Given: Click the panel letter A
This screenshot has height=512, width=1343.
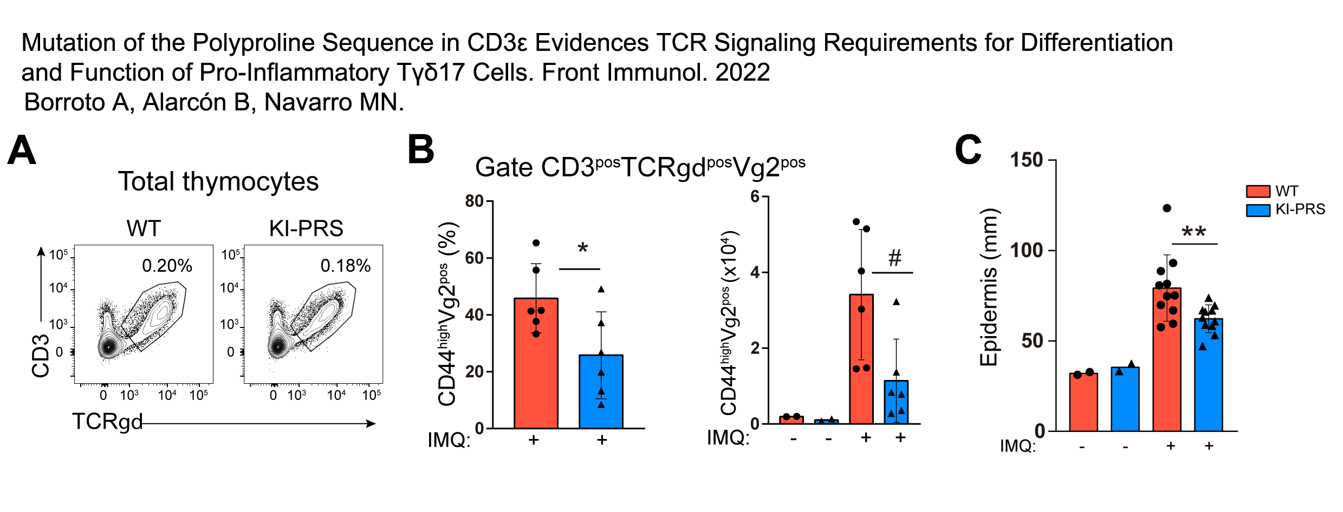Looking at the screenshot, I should pos(22,150).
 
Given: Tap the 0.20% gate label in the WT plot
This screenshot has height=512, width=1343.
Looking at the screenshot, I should pos(167,266).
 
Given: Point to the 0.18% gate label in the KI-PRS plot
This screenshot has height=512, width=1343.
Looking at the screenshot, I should pos(346,266).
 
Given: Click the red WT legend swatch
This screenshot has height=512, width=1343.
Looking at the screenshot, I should pos(1257,192).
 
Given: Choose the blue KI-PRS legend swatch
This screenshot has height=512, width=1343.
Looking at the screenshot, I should pos(1257,210).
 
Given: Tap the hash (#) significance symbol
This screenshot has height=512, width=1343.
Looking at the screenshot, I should pos(895,258).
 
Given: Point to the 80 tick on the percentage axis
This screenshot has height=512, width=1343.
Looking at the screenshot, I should pos(474,201).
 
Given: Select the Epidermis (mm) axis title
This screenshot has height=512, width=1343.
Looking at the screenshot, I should pos(989,287).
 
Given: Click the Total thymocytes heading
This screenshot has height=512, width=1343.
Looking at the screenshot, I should pos(218,182).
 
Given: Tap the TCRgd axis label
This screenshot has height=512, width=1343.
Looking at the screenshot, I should pos(107,422).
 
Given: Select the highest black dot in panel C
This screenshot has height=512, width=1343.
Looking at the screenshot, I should pos(1167,208).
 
